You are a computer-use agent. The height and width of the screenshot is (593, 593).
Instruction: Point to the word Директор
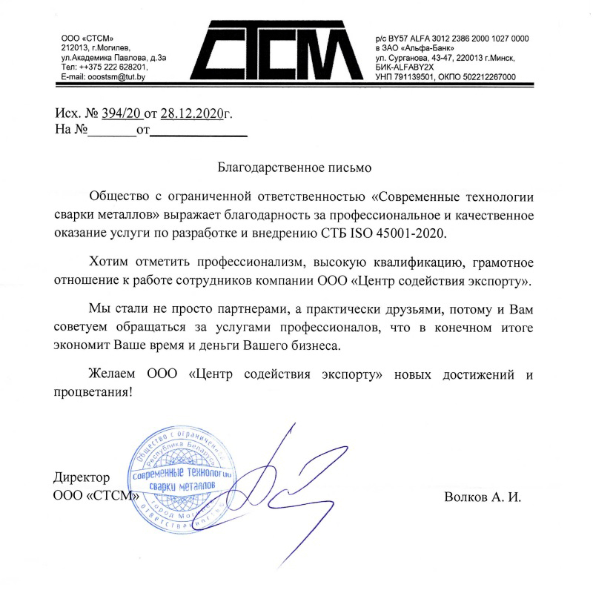[82, 477]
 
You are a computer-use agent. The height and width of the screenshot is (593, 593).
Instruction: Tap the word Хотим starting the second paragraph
[107, 264]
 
